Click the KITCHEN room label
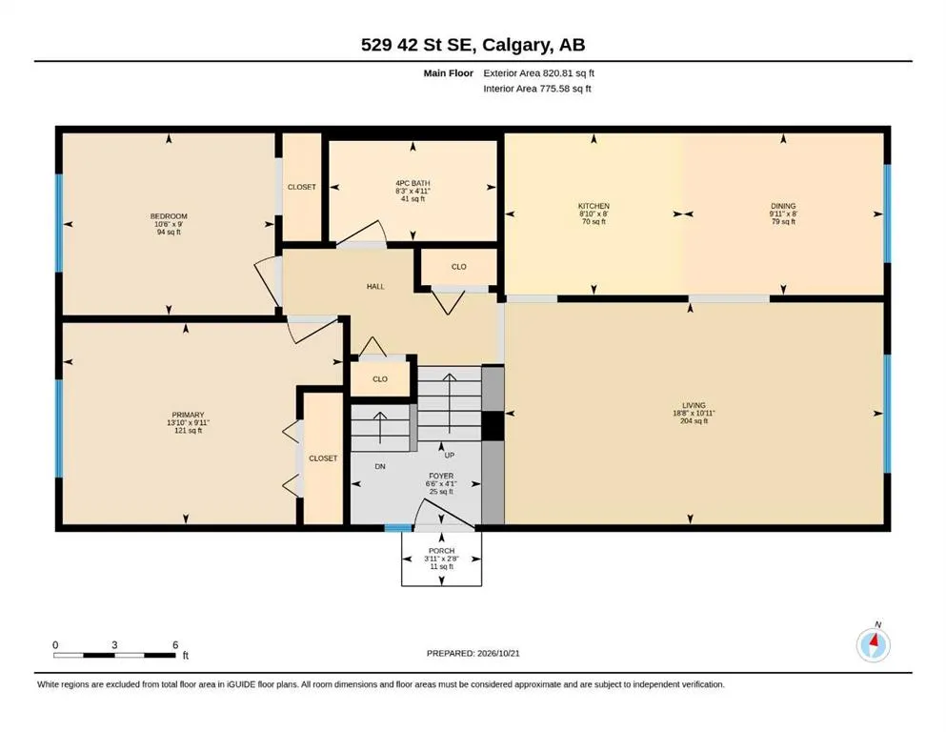point(594,206)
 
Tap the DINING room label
point(783,206)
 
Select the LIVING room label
point(694,405)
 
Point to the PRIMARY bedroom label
point(189,416)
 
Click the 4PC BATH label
point(413,183)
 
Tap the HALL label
point(375,287)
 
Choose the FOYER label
point(441,477)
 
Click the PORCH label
point(442,551)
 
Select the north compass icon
point(874,643)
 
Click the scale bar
point(114,655)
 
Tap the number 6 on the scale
point(175,644)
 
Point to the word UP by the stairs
point(450,455)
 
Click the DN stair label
point(380,466)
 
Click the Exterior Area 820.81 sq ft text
point(539,73)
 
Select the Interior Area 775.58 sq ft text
point(537,89)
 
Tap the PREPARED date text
point(473,653)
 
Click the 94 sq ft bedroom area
point(169,232)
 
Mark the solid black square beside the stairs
point(493,425)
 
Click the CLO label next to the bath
point(458,267)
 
